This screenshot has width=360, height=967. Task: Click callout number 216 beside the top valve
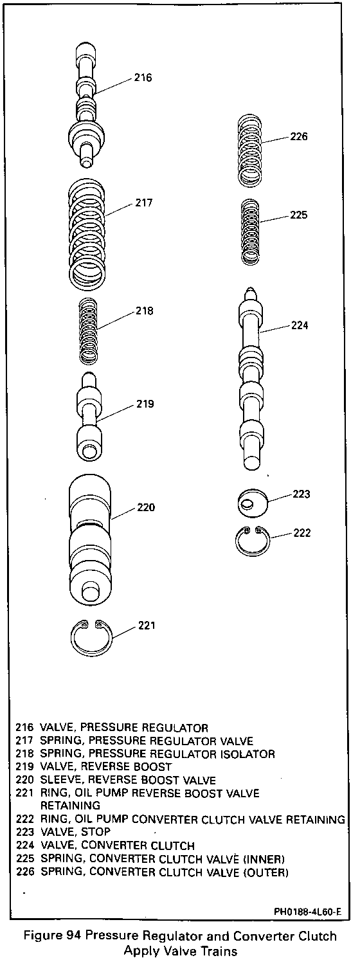pyautogui.click(x=143, y=77)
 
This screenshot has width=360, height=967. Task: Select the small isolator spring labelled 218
pyautogui.click(x=89, y=331)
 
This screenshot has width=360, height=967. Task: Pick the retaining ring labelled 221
pyautogui.click(x=91, y=638)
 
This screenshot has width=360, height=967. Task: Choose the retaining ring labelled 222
pyautogui.click(x=253, y=541)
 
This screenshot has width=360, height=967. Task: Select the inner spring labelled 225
pyautogui.click(x=250, y=231)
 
